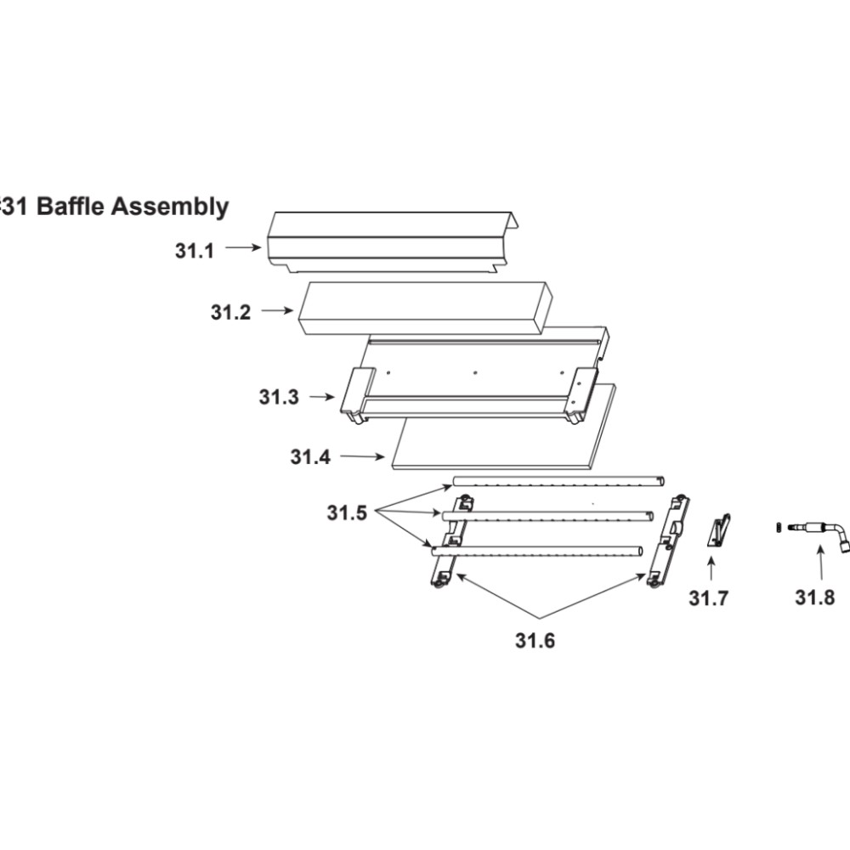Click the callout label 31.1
(x=195, y=251)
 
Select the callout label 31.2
(x=231, y=313)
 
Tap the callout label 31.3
(x=279, y=397)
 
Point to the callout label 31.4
(x=310, y=457)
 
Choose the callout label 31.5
(x=347, y=513)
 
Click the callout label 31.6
(x=535, y=641)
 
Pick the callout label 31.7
(x=709, y=598)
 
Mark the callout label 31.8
(x=815, y=598)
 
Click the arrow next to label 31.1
(x=243, y=247)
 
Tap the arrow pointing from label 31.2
(x=277, y=310)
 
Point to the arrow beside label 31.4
(x=362, y=457)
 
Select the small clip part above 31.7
(x=719, y=530)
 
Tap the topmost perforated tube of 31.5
(x=558, y=481)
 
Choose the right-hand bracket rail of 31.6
(x=668, y=540)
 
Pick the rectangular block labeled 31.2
(x=426, y=308)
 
